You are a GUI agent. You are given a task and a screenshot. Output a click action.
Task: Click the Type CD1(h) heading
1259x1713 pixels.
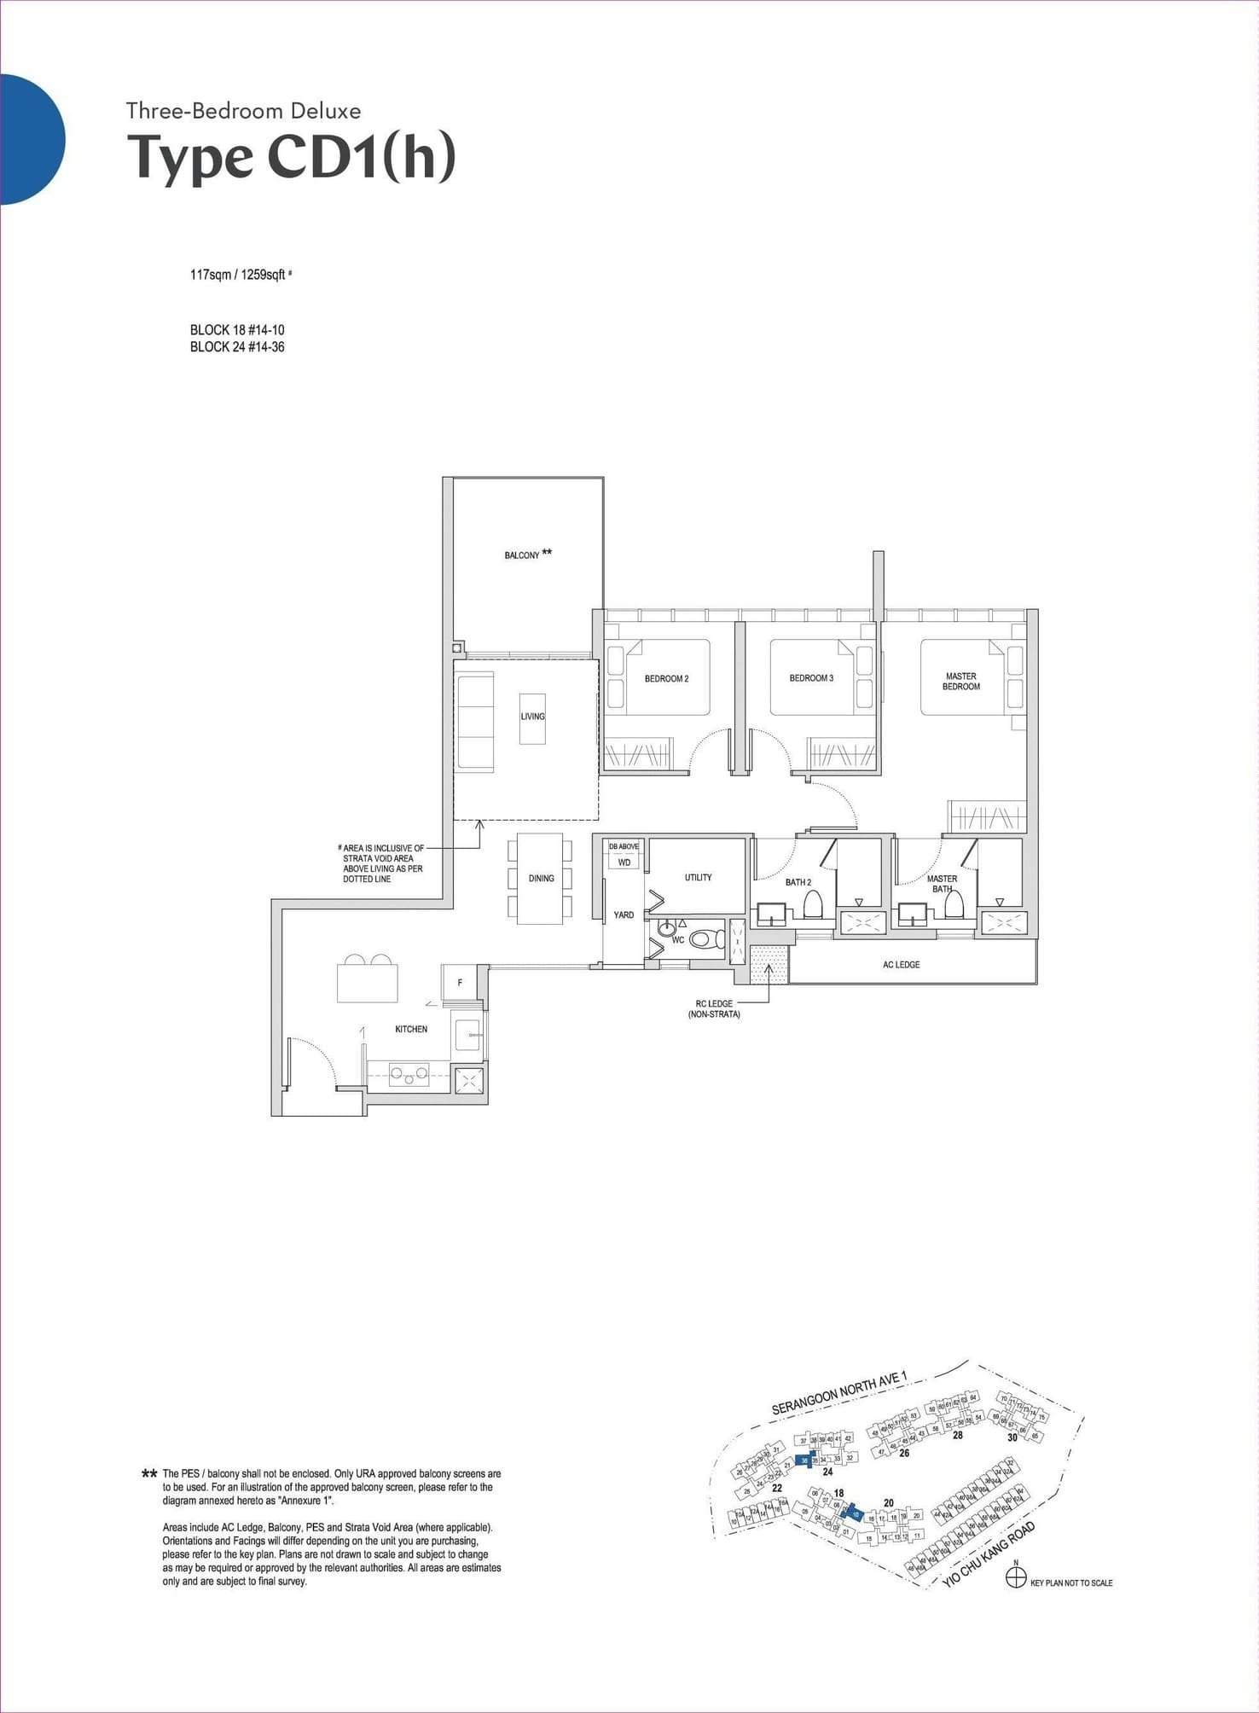(x=291, y=157)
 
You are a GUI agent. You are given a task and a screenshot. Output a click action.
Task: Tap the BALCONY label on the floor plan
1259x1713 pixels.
(x=522, y=555)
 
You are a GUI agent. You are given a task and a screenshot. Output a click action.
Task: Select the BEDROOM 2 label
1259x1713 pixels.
(x=666, y=679)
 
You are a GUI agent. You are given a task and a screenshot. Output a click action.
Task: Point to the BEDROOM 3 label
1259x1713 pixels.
(x=811, y=678)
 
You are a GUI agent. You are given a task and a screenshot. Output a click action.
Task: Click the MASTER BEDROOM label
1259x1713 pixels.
(x=961, y=681)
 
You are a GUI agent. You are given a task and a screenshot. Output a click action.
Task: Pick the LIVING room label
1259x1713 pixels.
(x=532, y=717)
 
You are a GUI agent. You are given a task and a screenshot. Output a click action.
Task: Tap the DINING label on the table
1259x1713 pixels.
(x=541, y=878)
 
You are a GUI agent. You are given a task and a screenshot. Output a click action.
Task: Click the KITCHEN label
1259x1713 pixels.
(x=411, y=1029)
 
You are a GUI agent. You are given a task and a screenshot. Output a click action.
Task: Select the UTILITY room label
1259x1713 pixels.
(x=698, y=877)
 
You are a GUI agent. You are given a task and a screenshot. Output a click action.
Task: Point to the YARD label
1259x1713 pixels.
(x=624, y=915)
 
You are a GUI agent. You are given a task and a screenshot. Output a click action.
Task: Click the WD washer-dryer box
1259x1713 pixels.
(x=624, y=862)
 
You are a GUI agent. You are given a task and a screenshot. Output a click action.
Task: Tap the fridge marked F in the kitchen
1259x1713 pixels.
(x=460, y=983)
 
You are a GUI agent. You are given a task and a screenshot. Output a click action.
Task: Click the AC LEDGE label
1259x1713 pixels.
(x=901, y=965)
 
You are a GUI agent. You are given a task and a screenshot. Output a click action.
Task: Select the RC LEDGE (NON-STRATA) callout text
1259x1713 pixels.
(x=714, y=1009)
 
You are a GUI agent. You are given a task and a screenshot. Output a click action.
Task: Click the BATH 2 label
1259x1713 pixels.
(x=798, y=882)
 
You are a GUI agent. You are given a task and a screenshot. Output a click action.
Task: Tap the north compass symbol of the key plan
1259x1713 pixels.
(x=1015, y=1578)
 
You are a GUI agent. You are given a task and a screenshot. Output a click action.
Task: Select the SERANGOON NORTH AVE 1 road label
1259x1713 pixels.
(x=839, y=1393)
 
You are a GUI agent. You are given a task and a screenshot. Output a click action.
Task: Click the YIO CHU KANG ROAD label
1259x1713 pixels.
(x=989, y=1554)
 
